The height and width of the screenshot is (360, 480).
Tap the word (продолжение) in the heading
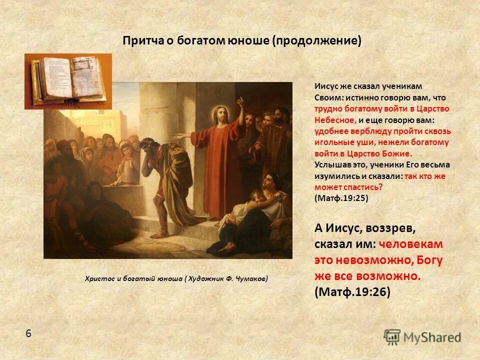(x=316, y=41)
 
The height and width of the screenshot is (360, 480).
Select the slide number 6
(x=28, y=333)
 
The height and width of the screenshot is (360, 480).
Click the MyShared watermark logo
(x=422, y=336)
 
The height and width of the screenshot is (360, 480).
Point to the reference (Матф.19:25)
(x=341, y=198)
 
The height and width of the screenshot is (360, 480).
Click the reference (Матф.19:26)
(x=352, y=292)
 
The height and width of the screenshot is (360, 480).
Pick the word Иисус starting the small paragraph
(x=325, y=86)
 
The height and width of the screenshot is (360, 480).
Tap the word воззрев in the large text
(x=389, y=228)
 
